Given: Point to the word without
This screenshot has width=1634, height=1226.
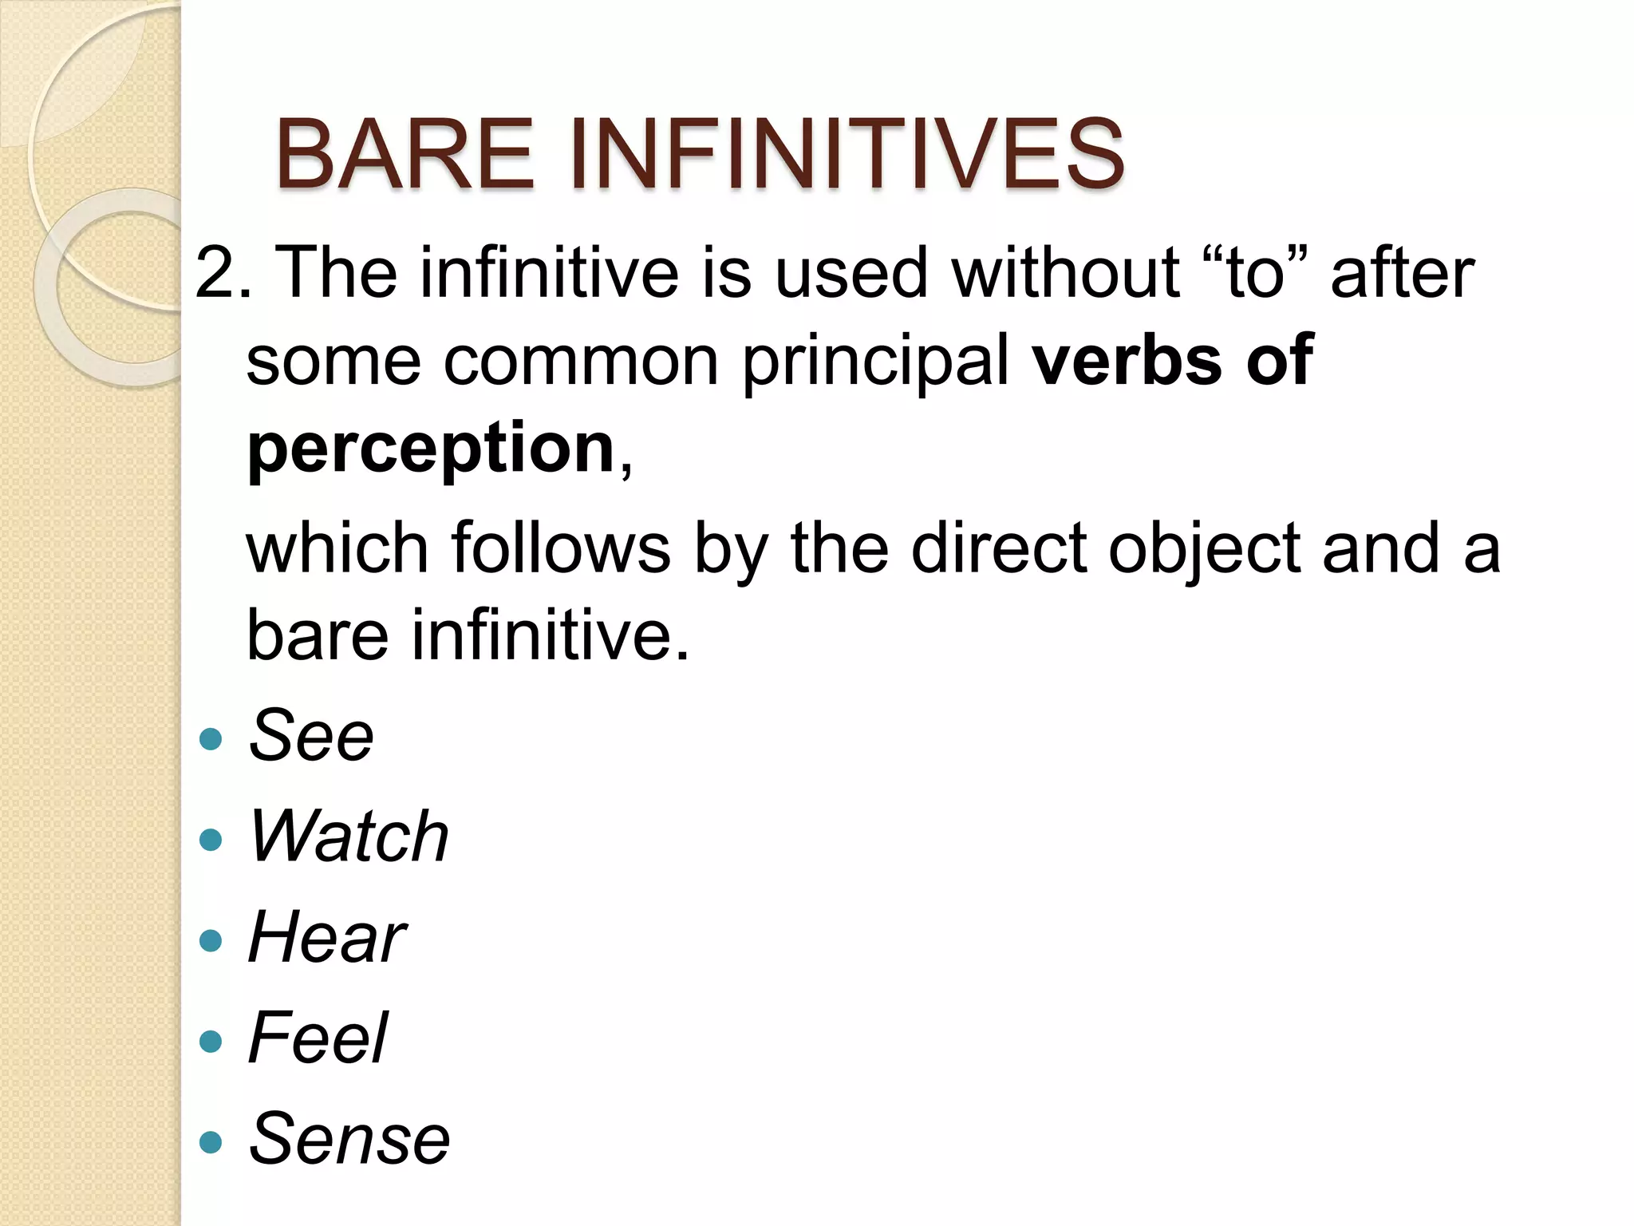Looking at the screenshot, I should (x=1065, y=273).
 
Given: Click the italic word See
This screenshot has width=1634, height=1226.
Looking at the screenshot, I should (x=311, y=736).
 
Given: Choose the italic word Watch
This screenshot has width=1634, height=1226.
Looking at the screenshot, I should (x=349, y=836).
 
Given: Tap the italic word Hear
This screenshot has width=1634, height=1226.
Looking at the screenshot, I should (x=327, y=937).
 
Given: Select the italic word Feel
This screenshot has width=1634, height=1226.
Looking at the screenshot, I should (x=318, y=1038).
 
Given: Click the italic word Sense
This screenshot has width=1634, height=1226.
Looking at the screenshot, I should (x=349, y=1138).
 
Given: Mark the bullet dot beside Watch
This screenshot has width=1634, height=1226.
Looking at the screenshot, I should (x=211, y=840).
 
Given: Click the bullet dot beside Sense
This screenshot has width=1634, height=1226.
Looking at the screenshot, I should (x=211, y=1141).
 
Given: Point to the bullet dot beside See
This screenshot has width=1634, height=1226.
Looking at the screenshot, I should (x=211, y=739).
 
